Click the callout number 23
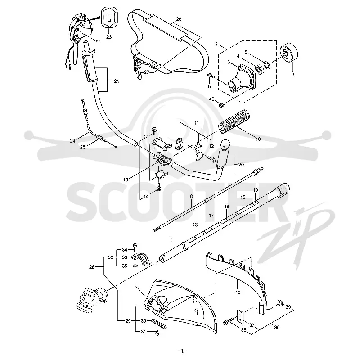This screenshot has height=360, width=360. point(109,36)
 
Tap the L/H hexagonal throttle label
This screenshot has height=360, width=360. point(109,18)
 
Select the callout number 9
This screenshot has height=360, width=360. point(293,75)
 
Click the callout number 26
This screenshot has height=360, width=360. point(179,19)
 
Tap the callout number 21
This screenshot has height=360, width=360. point(117,81)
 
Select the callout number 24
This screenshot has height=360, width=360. point(72,141)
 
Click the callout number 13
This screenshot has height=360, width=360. point(126,180)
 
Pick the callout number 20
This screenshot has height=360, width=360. point(241,165)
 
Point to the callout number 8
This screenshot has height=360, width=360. point(192,196)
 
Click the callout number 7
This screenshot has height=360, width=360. point(171,238)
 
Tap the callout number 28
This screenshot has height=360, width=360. point(92,267)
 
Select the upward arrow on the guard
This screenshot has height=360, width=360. point(196,312)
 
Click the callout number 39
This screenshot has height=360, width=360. point(288,307)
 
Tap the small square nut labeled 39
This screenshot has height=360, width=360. point(279,303)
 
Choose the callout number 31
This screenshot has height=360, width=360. point(143,332)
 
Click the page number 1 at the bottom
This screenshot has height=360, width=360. point(183,351)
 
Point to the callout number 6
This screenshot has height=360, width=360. point(209,86)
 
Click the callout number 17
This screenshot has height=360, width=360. point(211,216)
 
